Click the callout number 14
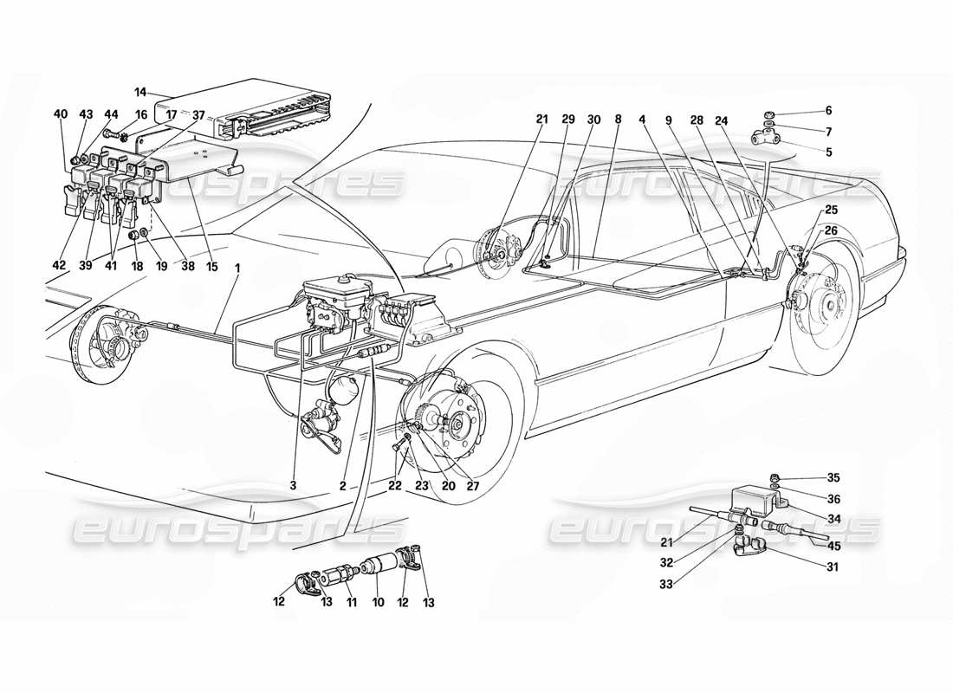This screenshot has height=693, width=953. point(141,91)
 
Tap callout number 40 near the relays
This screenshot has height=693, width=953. point(60,113)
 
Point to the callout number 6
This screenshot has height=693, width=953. point(827,111)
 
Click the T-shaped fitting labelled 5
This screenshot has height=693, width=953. point(767,137)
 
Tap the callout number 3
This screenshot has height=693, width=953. point(294,486)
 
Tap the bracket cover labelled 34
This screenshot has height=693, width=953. point(756,501)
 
